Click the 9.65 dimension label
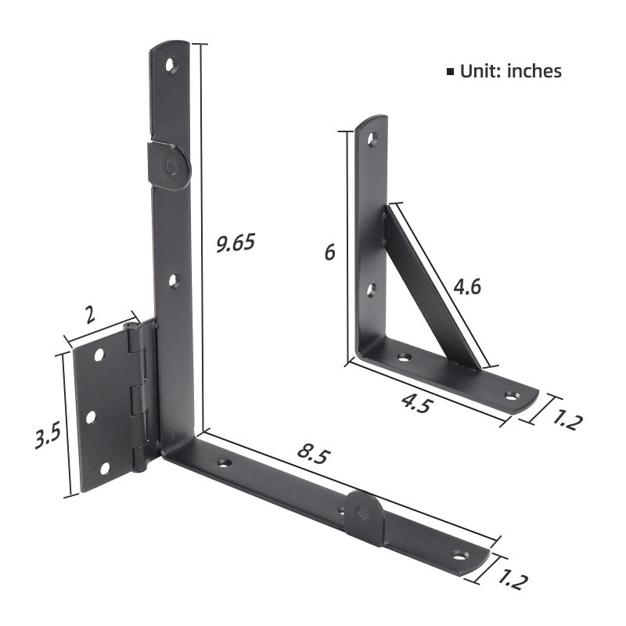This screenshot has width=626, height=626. click(236, 243)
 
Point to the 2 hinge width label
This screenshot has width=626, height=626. click(91, 315)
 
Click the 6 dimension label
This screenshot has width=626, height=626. click(329, 253)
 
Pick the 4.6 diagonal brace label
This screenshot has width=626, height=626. click(467, 286)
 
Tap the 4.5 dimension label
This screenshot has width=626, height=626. click(417, 403)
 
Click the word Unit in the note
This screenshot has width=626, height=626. click(480, 71)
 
